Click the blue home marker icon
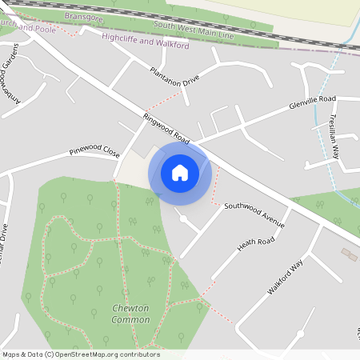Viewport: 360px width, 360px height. click(180, 172)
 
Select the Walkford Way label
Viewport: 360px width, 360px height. click(286, 277)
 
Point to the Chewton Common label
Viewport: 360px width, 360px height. click(130, 314)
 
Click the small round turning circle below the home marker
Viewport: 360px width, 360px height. click(183, 218)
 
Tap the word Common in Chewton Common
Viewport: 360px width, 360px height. click(130, 320)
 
